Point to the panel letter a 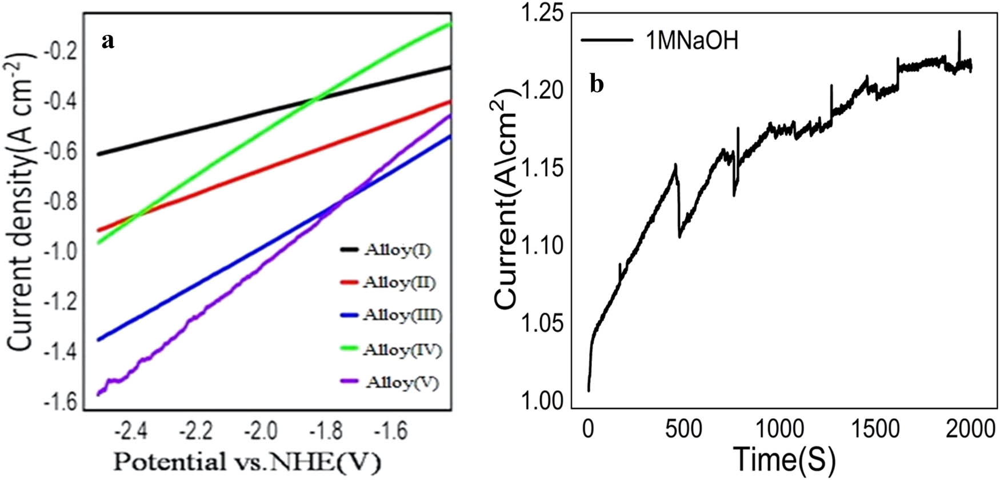[x=108, y=41]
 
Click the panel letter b [x=597, y=85]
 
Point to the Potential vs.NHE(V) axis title [x=247, y=462]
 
